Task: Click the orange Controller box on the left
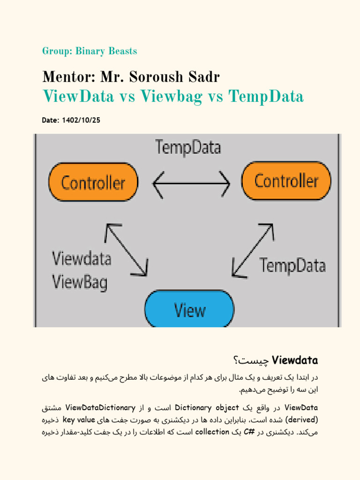[93, 182]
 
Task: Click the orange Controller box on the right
[286, 180]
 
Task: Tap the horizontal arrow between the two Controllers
[191, 183]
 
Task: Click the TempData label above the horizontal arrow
[188, 148]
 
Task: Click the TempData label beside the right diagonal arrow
[292, 266]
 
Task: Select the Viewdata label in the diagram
[82, 258]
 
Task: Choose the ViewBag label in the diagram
[80, 282]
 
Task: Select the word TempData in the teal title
[266, 97]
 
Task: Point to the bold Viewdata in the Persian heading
[295, 360]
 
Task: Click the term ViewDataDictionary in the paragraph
[100, 407]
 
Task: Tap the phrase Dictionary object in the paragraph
[207, 407]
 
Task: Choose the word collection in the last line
[212, 431]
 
